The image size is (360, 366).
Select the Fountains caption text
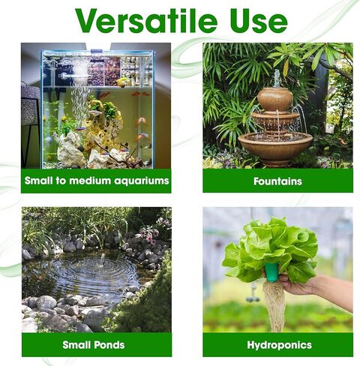(277, 181)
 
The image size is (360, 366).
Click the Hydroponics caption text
(279, 345)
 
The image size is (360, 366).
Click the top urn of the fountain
(275, 99)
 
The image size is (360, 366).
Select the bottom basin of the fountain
(275, 147)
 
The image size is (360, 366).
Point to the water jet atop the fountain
(276, 78)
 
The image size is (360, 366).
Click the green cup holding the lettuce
(271, 272)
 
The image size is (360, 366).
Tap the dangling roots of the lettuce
(274, 306)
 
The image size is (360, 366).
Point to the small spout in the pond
(102, 259)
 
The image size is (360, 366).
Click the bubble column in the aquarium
(80, 96)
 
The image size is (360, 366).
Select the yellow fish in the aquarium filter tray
(123, 82)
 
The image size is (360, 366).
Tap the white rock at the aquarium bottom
(70, 150)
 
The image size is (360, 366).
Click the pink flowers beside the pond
(149, 235)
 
